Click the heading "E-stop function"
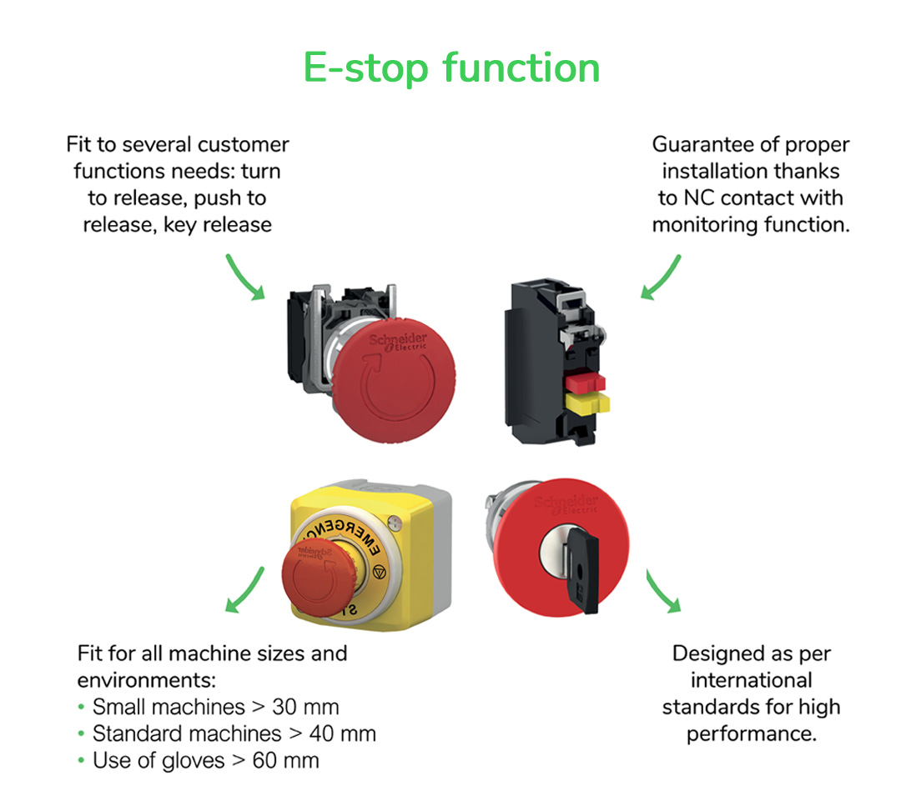(x=451, y=68)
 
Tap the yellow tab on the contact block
(x=586, y=404)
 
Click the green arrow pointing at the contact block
(x=661, y=278)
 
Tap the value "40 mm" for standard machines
(x=342, y=733)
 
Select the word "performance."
(x=751, y=733)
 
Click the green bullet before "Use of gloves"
(x=81, y=761)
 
